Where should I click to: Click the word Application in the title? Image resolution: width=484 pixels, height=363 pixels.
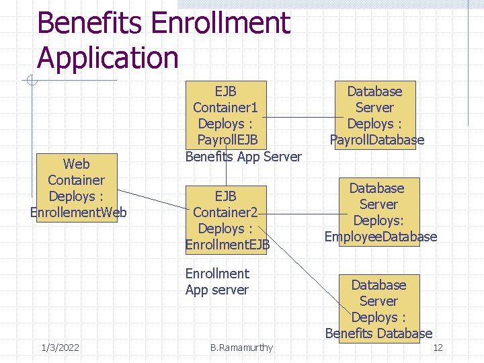pyautogui.click(x=108, y=58)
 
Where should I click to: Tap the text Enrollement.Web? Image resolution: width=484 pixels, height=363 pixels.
pyautogui.click(x=79, y=213)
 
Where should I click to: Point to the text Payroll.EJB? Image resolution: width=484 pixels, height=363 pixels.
pyautogui.click(x=227, y=140)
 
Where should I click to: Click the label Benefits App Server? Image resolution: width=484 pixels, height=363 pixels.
pyautogui.click(x=243, y=157)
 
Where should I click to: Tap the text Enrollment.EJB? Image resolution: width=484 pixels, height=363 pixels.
pyautogui.click(x=227, y=245)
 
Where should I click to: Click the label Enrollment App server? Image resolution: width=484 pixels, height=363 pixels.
pyautogui.click(x=216, y=282)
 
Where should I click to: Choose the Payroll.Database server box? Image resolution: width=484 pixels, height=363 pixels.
pyautogui.click(x=375, y=115)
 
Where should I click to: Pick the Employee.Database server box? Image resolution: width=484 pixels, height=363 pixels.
pyautogui.click(x=380, y=212)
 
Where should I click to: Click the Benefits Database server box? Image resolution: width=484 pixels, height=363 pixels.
pyautogui.click(x=378, y=309)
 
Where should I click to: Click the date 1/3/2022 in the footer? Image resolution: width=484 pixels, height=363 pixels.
pyautogui.click(x=60, y=348)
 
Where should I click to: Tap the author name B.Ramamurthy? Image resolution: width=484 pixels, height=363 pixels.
pyautogui.click(x=241, y=348)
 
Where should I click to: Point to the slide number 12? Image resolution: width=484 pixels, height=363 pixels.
pyautogui.click(x=438, y=348)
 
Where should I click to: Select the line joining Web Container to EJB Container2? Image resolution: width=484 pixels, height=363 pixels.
pyautogui.click(x=156, y=199)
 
